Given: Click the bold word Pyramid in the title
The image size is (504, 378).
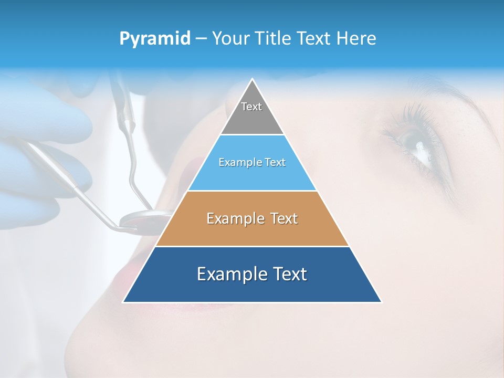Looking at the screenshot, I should tap(155, 39).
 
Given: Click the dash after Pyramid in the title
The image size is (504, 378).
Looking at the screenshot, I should tap(201, 39).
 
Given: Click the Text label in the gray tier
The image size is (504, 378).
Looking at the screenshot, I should tap(251, 107).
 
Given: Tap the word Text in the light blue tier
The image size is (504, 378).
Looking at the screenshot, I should tap(275, 163).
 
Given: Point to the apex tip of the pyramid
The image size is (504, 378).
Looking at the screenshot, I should tap(253, 79).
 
